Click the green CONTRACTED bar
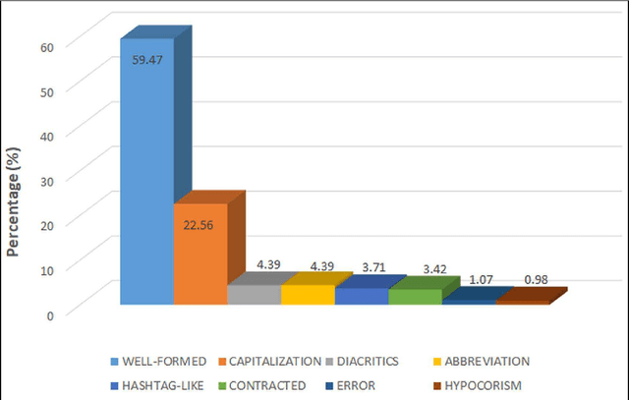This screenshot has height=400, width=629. click(415, 296)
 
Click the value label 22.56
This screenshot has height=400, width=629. click(200, 223)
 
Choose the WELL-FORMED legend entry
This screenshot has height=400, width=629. click(156, 360)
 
